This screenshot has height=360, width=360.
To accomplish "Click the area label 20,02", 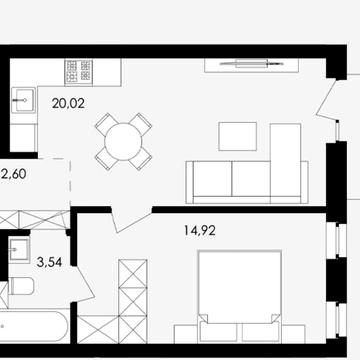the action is point(68,104).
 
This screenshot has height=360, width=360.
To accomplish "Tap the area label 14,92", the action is point(200,230).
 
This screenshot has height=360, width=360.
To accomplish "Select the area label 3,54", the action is point(49,263).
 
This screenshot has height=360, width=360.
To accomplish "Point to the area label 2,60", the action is point(14,174).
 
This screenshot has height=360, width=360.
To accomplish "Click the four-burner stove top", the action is point(79,71).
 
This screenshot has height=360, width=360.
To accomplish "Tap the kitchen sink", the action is point(23,100).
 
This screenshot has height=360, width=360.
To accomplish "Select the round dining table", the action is point(123,142).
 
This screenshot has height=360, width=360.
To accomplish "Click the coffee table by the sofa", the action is point(238,136).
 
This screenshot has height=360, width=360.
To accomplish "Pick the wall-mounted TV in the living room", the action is point(252,63).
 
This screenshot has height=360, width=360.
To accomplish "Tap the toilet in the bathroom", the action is point(21,286).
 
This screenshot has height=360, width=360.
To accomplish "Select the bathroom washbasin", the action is point(19,250).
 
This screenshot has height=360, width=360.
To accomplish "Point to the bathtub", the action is point(34,327).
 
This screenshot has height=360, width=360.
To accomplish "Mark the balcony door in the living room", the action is point(327,99).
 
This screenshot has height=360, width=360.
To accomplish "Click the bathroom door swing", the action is point(84,283).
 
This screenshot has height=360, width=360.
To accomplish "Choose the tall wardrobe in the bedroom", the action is point(133,301).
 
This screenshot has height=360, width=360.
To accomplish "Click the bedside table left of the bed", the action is point(186,334).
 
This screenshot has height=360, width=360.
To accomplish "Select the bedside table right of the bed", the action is point(294,334).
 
